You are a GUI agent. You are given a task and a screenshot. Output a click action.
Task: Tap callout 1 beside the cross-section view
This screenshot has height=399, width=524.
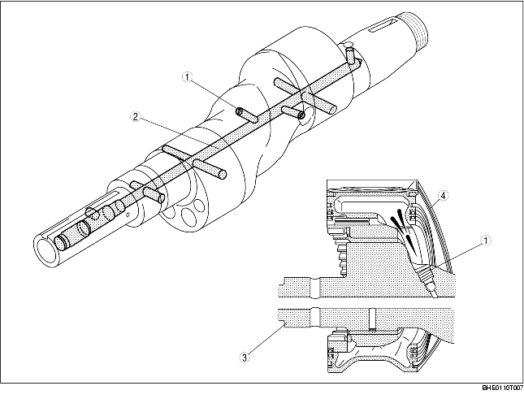point(484,240)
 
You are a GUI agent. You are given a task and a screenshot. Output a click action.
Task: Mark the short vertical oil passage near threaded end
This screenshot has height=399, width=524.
point(350,56)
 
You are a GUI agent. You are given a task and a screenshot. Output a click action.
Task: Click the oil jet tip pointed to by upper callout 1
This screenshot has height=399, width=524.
point(243,113)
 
